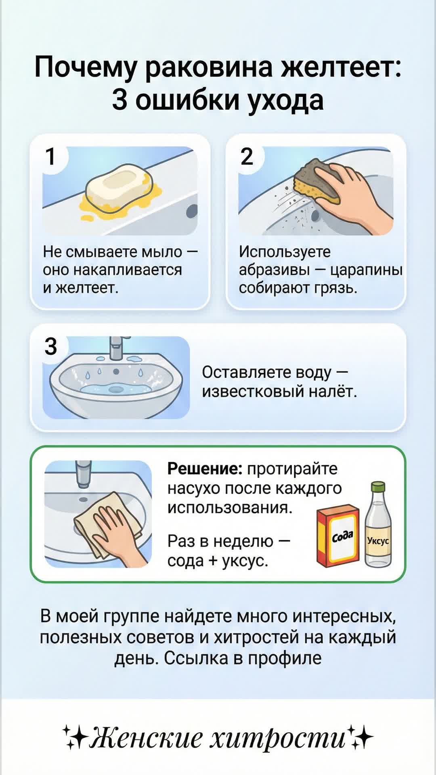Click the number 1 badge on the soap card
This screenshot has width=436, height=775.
coord(50,157)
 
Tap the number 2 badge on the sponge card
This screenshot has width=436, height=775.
coord(247,157)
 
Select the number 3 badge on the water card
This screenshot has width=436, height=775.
coord(51,346)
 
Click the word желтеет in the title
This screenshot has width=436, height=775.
coord(341,67)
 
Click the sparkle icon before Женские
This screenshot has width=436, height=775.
coord(75,737)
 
